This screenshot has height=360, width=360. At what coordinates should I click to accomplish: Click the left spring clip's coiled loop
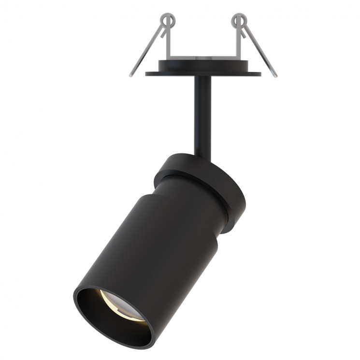coord(167,20)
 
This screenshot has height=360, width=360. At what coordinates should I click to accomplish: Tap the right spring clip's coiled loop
coord(238,20)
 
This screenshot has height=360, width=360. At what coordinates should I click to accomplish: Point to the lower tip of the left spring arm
coord(131,75)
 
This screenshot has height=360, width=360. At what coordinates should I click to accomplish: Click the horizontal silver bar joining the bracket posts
coord(203,58)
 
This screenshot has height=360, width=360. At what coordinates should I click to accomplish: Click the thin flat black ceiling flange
coord(203,74)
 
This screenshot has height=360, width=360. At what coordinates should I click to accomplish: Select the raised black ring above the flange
coord(203,65)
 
